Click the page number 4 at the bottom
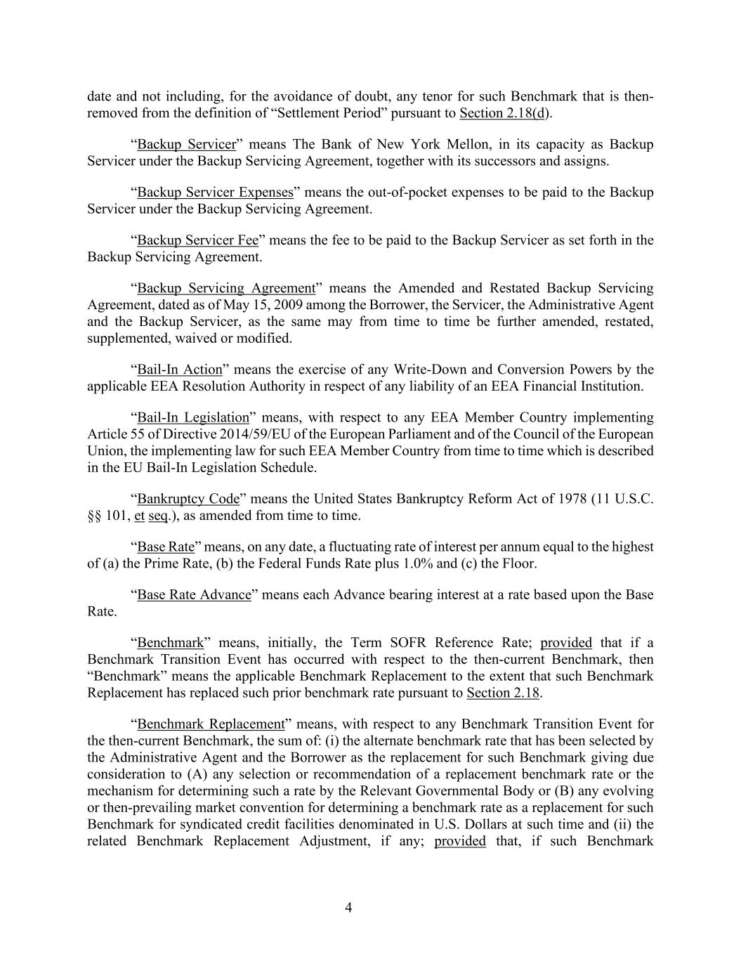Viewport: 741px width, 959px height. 348,908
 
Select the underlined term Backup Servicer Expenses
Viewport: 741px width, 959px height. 215,193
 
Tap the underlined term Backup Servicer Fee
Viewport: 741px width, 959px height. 198,240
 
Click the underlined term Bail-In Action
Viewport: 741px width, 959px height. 179,370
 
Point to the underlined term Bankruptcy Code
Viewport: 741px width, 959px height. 188,499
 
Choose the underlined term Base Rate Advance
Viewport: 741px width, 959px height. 194,594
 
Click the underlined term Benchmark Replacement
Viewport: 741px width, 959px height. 211,724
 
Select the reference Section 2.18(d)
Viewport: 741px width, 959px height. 505,113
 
